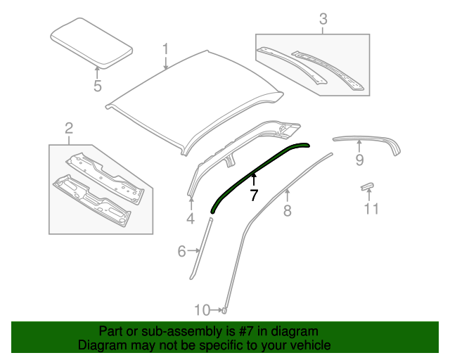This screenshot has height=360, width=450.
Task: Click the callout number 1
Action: coord(166,49)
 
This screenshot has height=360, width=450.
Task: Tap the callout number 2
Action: coord(69,127)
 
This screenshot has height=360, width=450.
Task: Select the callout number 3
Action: coord(323,19)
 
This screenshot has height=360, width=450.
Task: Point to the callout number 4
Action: coord(190,219)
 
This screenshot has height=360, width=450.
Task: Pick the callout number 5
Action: coord(98,86)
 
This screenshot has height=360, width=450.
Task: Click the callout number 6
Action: coord(181,250)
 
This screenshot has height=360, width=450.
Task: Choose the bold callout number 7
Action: coord(254,195)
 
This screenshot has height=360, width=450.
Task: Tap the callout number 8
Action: coord(287,210)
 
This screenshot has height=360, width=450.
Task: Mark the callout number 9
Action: coord(359,161)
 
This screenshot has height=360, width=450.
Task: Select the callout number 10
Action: coord(202,309)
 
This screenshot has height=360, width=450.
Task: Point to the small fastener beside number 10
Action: coord(224,309)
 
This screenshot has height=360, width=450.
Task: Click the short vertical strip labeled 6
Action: coord(202,249)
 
